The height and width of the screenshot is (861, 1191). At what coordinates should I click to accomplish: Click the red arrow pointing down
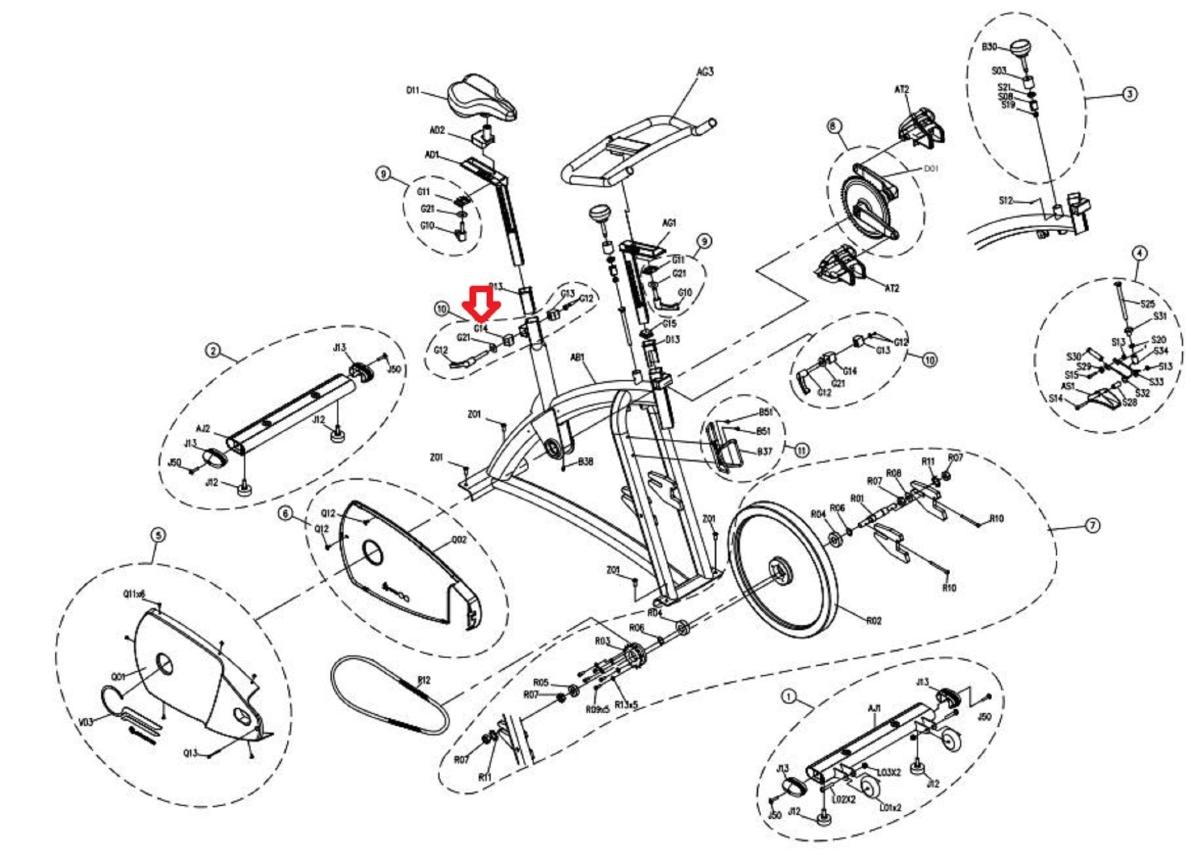tap(481, 303)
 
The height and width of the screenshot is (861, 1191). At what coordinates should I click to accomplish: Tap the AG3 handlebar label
tap(705, 72)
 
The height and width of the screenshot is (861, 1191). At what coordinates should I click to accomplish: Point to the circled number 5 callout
tap(158, 535)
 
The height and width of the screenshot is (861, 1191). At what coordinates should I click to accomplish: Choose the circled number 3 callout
tap(1129, 94)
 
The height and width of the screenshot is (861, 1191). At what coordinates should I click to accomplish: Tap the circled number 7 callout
tap(1093, 526)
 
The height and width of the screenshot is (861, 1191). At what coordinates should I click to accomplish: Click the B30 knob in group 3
tap(1019, 48)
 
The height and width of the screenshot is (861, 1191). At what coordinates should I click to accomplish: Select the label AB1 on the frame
tap(578, 358)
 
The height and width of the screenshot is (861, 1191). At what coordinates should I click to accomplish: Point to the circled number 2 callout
tap(213, 350)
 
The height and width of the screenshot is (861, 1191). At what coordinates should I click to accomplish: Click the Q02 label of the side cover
tap(459, 540)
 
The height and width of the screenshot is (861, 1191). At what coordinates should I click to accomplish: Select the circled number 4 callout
tap(1139, 253)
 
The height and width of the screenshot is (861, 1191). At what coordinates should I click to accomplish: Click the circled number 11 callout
tap(802, 450)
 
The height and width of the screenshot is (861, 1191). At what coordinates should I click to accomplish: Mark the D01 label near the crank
tap(931, 168)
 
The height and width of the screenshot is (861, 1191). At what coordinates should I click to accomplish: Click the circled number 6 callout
tap(285, 514)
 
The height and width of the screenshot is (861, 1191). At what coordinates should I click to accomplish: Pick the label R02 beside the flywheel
tap(873, 620)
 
